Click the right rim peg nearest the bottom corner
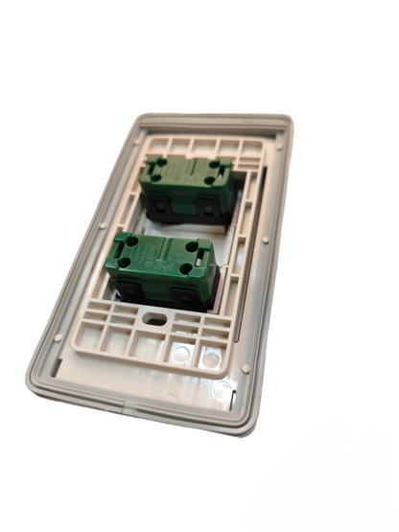[246, 367]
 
